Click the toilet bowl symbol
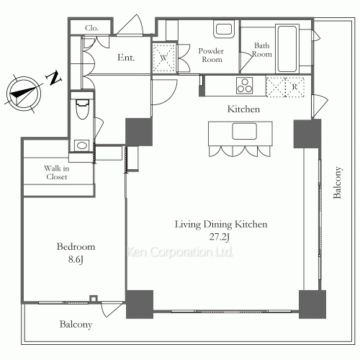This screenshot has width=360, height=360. [82, 109]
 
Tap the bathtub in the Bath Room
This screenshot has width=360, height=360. [287, 49]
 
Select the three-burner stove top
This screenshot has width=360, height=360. [245, 86]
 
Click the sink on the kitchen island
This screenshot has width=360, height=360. [244, 131]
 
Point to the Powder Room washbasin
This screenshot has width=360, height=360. [224, 29]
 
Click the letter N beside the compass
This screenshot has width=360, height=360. [53, 78]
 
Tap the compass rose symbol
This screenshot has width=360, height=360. [24, 94]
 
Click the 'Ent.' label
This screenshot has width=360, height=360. [126, 58]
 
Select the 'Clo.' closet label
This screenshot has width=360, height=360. [91, 28]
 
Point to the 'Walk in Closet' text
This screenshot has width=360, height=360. [57, 173]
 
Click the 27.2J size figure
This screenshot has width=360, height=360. [220, 237]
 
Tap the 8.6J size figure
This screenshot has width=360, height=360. [76, 259]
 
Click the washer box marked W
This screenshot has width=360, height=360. [164, 58]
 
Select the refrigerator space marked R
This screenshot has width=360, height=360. [285, 87]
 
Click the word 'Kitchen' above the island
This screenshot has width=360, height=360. [243, 109]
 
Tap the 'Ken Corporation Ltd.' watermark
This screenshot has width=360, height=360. [180, 252]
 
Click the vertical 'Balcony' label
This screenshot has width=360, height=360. [337, 183]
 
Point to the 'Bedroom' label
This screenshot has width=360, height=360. [76, 247]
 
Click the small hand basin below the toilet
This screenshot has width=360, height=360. [82, 145]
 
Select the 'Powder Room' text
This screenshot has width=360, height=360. [211, 55]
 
